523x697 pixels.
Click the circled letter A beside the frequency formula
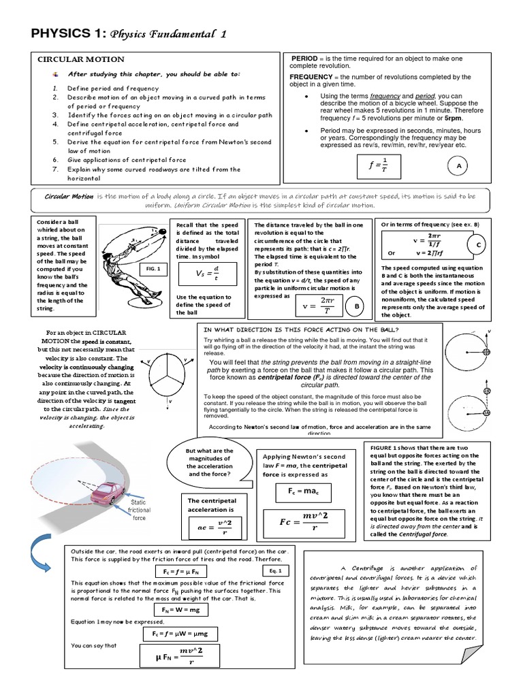(x=459, y=165)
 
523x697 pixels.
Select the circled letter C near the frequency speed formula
(x=479, y=245)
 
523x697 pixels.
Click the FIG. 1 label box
(x=153, y=269)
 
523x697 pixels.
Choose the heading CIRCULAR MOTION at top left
(x=80, y=59)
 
